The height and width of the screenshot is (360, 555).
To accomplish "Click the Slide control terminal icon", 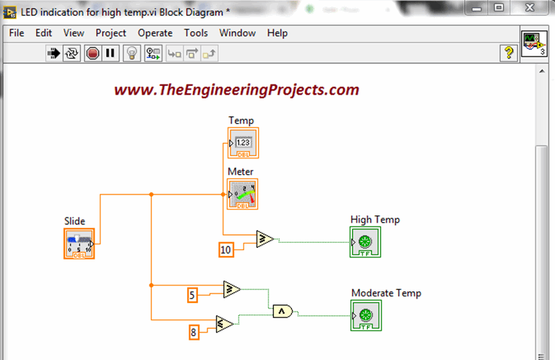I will pos(79,244).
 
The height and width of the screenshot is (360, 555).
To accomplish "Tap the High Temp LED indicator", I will pos(366,241).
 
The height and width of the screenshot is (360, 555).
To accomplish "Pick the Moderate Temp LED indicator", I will pos(366,315).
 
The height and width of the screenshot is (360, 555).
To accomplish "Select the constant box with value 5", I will pos(193,294).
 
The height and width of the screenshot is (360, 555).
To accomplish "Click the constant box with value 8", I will pos(194,333).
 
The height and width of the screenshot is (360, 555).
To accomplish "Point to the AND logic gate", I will pos(283,312).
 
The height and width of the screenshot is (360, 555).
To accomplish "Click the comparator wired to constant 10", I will pos(264,239).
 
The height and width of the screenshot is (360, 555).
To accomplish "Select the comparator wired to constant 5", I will pos(232,289).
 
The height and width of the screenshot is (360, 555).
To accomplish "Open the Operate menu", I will pos(155,33).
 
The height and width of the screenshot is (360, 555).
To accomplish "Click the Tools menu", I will pos(196,33).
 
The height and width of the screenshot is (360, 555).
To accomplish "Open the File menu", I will pos(17,33).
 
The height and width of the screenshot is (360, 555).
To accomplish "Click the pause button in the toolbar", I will pos(110,53).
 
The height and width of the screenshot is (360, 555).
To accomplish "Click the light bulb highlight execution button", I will pos(131,53).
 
